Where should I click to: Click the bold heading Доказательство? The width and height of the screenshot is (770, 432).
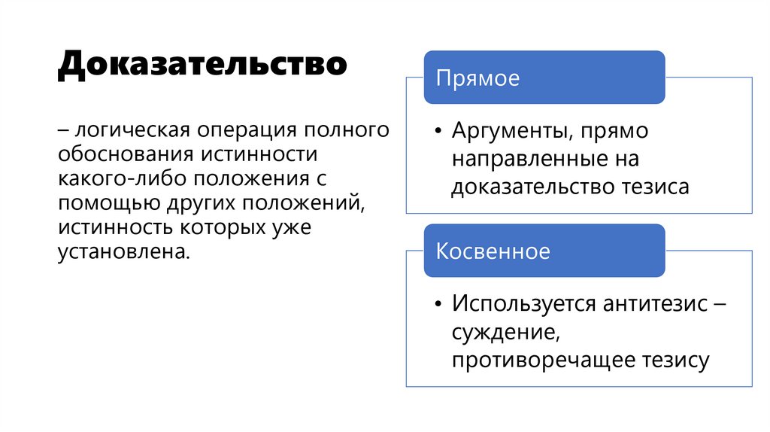[202, 65]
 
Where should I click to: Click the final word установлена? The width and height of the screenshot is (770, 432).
[123, 252]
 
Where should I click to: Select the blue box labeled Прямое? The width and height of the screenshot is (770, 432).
[544, 78]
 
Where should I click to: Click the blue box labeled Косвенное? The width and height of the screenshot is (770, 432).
[544, 251]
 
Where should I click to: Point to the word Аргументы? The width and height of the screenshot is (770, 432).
[508, 131]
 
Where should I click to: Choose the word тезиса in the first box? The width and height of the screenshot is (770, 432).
[653, 187]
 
